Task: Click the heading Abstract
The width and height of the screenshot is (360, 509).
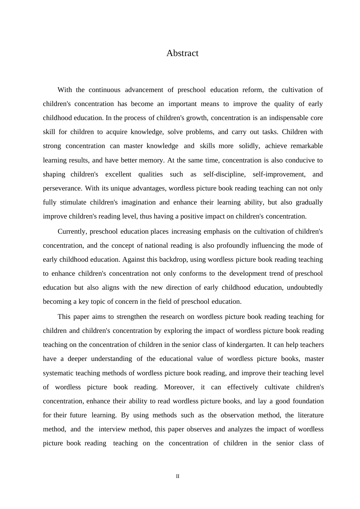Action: [x=182, y=53]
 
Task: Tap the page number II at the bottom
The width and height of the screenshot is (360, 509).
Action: [x=177, y=476]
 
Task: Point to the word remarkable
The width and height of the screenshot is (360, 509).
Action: [x=305, y=146]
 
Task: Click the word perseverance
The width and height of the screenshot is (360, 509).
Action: [x=62, y=188]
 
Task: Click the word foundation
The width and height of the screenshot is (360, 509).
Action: [x=307, y=401]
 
